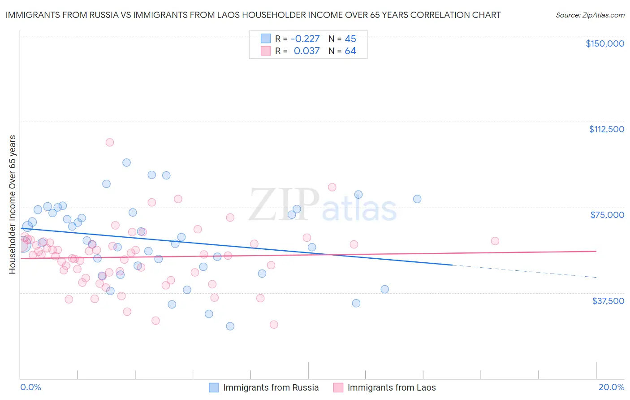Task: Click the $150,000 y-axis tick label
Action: tap(604, 43)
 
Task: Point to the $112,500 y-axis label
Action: tap(606, 129)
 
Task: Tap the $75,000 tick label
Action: tap(607, 215)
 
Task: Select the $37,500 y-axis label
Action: tap(608, 301)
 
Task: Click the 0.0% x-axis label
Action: tap(30, 387)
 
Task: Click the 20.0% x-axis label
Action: tap(611, 387)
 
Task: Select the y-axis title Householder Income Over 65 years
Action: tap(13, 204)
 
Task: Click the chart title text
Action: tap(253, 15)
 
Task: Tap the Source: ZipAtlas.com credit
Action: tap(590, 15)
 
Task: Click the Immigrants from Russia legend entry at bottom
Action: tap(264, 387)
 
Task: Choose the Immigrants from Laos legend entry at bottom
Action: tap(385, 387)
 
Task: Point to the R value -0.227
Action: tap(305, 39)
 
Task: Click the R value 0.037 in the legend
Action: tap(306, 51)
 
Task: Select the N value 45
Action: tap(350, 39)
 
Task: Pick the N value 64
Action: tap(350, 51)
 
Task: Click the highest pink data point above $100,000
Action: tap(109, 142)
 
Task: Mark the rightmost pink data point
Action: tap(495, 241)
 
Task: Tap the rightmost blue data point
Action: tap(417, 199)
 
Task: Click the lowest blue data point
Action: tap(230, 326)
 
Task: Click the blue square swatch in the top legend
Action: tap(266, 39)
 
